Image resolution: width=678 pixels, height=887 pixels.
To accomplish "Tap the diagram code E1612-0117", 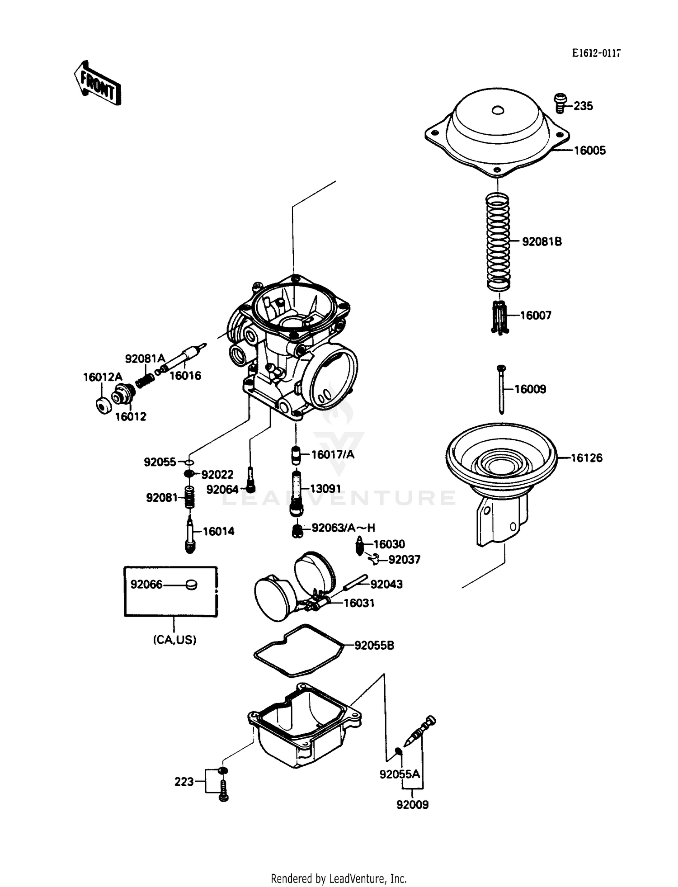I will point(596,53).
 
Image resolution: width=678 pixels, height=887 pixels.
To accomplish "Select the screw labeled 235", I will point(560,103).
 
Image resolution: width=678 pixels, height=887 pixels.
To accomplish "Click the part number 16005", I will point(589,151).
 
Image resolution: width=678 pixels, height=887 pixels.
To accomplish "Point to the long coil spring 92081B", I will point(498,242).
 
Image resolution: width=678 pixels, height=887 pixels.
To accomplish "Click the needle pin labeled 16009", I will point(501,389).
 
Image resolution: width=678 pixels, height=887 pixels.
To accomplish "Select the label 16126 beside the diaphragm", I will point(586,458).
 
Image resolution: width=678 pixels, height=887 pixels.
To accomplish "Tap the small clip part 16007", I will point(499,317).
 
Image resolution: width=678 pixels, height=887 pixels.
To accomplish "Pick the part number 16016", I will point(185,376).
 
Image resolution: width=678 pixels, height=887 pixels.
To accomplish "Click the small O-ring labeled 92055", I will point(189,462).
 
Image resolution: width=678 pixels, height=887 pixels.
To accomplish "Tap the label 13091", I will point(325,489).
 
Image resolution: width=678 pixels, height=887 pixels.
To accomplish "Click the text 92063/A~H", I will point(343,528).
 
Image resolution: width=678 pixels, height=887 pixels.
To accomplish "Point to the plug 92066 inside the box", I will point(191,585).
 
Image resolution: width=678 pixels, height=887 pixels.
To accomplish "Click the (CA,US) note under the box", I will point(174,640).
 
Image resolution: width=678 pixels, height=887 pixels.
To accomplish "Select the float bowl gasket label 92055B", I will point(374,646).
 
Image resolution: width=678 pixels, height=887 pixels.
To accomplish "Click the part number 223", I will point(184,782).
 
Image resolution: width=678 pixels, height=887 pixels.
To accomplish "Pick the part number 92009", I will point(412,805).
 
